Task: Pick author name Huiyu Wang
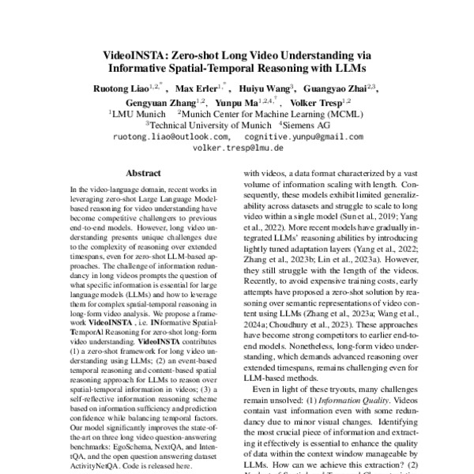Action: coord(267,88)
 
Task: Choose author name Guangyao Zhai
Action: coord(337,88)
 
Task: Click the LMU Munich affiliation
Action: coord(137,114)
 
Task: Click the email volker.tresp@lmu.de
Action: coord(236,147)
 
